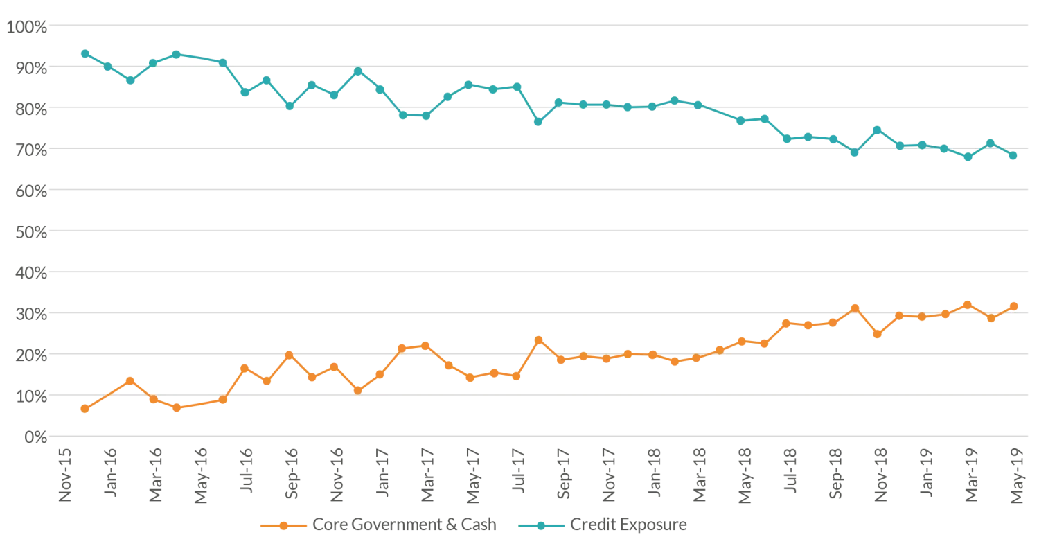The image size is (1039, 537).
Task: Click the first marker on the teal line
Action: [84, 52]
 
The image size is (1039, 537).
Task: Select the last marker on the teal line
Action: [1014, 156]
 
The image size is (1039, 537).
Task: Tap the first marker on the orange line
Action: [84, 410]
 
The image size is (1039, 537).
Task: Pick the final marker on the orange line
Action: [1014, 306]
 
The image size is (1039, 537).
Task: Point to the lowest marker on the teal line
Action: [969, 159]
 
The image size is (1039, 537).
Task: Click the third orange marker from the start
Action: [130, 380]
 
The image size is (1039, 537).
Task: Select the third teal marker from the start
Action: [130, 81]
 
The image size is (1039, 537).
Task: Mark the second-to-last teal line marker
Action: [991, 143]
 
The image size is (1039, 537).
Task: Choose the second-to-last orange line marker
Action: [991, 319]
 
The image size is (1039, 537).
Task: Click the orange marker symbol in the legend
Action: [282, 525]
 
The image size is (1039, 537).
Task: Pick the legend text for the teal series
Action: [628, 525]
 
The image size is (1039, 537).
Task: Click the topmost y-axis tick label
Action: [27, 26]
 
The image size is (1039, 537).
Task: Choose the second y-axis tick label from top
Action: [27, 68]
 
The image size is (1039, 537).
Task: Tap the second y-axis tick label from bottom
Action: [27, 396]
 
